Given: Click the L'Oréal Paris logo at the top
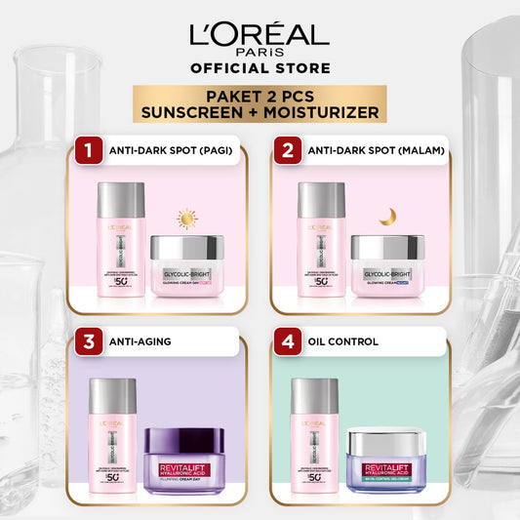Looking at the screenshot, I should click(x=260, y=39).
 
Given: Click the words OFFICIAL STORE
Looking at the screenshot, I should click(x=260, y=67).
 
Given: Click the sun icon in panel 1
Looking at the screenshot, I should click(x=186, y=219).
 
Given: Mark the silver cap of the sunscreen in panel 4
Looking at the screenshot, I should click(x=315, y=396).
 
